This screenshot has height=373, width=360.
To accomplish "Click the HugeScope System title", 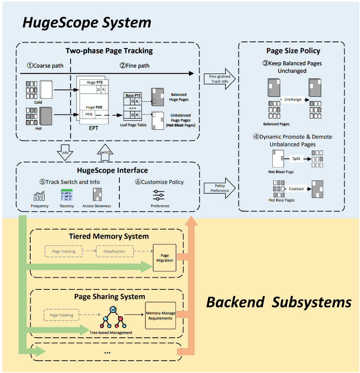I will pos(87,22).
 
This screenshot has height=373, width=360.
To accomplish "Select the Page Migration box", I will pos(165,258).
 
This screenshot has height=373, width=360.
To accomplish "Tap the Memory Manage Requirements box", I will pos(160,315).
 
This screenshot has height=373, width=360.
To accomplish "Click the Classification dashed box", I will pos(114,251).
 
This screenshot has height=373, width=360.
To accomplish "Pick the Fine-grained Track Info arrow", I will pos(219,79).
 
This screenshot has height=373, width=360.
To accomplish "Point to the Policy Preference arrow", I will pos(219,188).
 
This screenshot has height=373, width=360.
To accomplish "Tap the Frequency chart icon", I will pos(39,196).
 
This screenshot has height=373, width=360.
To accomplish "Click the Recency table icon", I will pos(67,195).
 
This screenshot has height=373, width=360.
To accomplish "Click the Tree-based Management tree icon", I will pos(112,318).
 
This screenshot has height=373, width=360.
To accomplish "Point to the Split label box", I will pos(296,158).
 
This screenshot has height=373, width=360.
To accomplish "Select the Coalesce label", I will pos(296,189).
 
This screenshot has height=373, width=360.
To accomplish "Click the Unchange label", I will pos(293,100).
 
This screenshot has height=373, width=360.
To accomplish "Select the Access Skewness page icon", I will pos(96,194).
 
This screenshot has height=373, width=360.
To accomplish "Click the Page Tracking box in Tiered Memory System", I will pos(64,251).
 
